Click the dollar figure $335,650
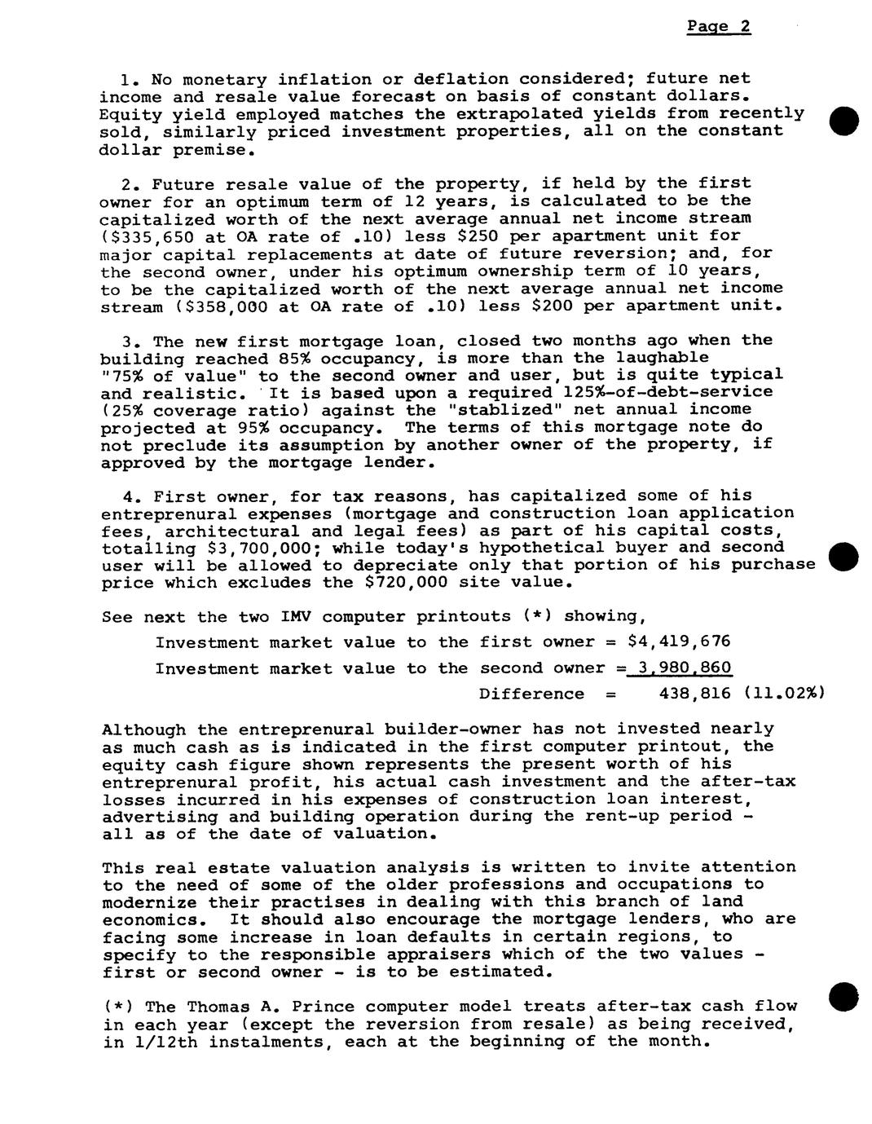tap(140, 236)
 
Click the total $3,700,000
tap(262, 549)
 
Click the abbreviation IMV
tap(284, 617)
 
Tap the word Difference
tap(531, 694)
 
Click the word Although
tap(143, 729)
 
